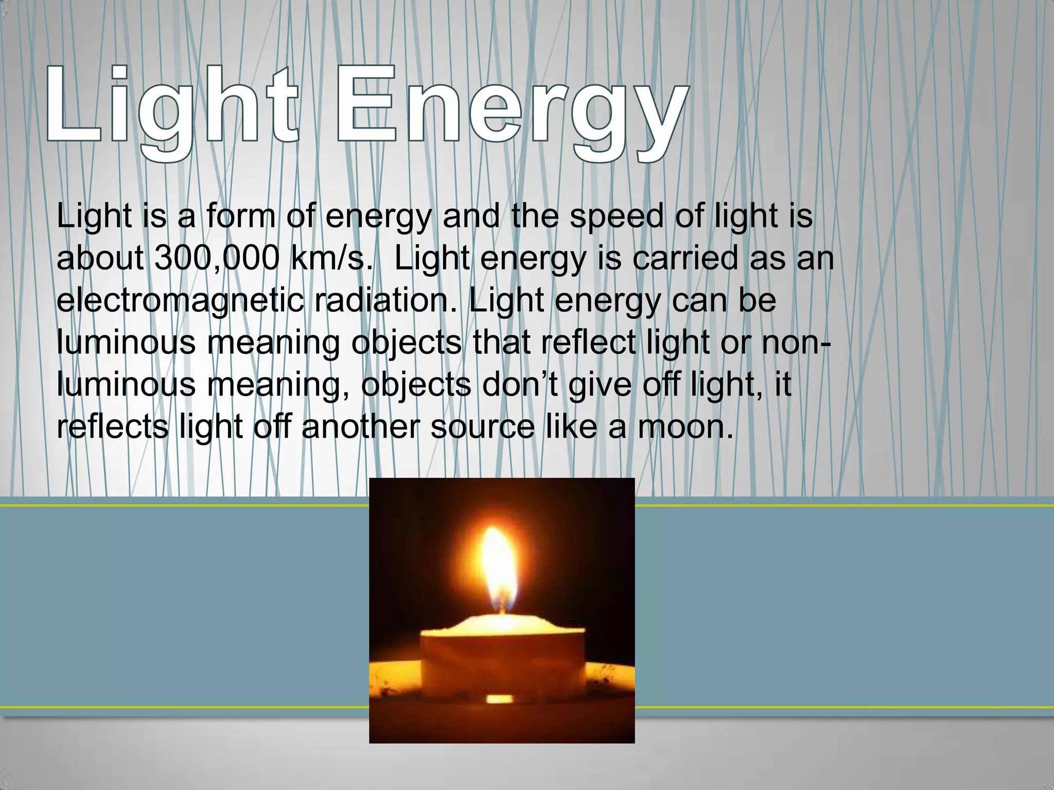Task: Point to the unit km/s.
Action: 331,258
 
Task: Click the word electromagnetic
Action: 180,301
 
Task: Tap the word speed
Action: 617,216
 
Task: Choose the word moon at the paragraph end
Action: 685,427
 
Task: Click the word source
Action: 483,427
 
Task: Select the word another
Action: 360,427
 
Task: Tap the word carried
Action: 686,258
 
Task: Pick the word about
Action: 100,258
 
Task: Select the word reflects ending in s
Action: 112,427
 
